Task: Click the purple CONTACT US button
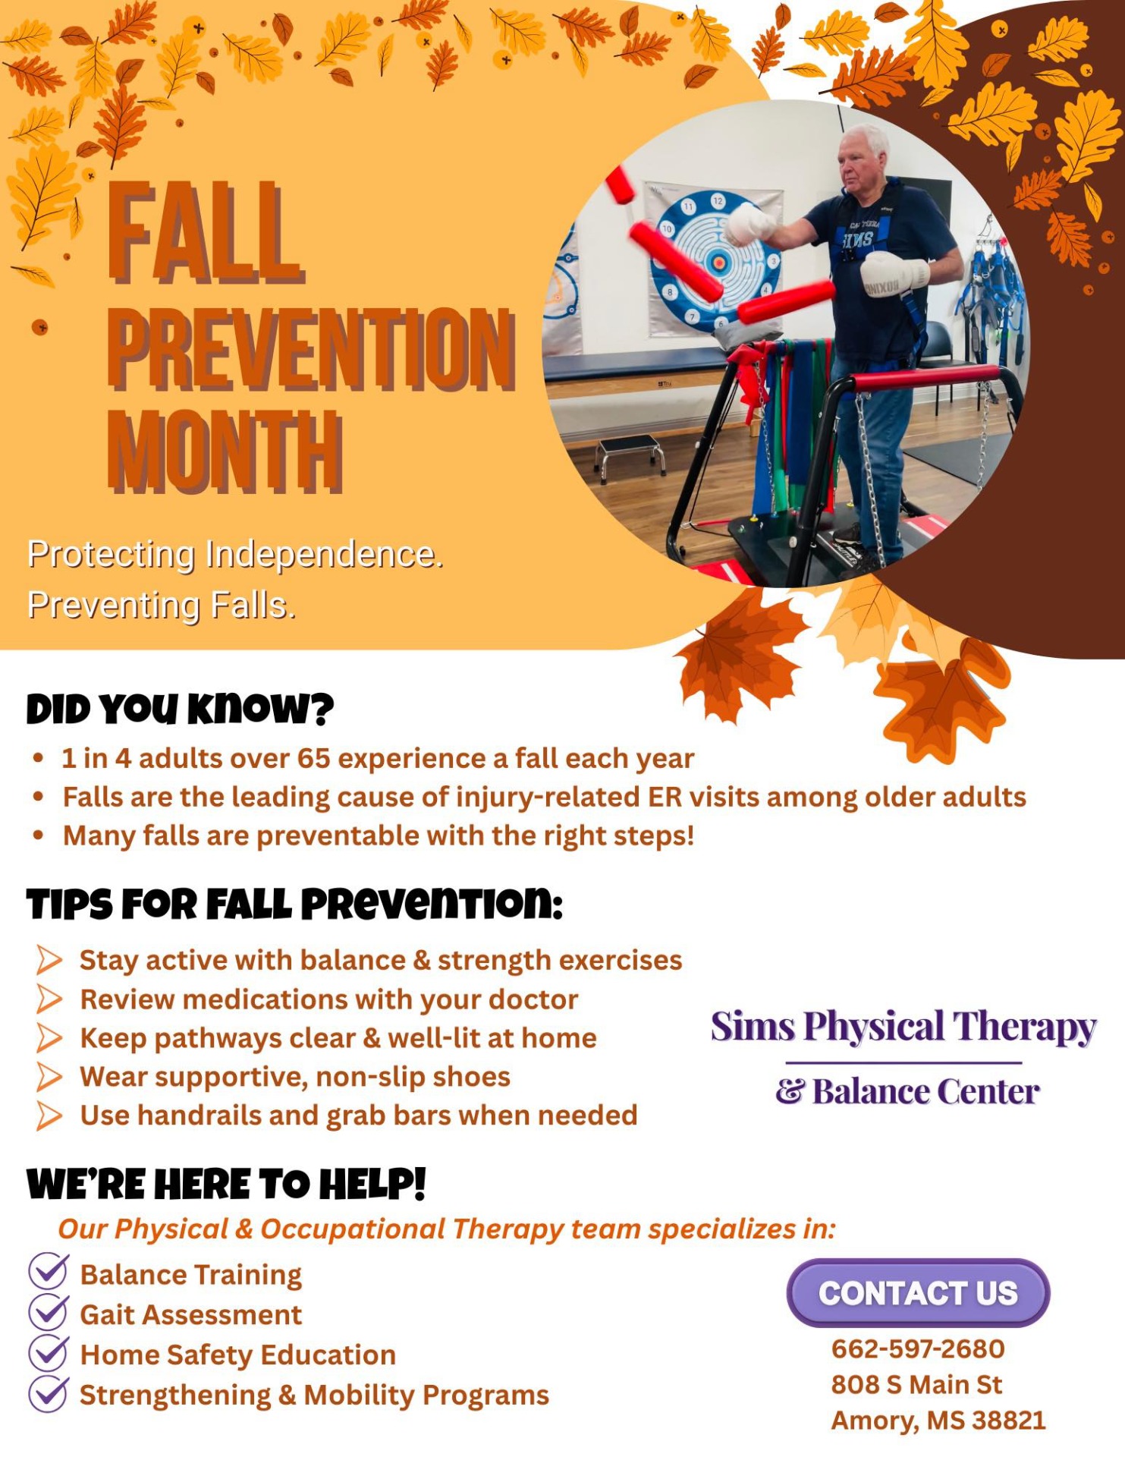(x=918, y=1292)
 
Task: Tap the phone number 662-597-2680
(x=918, y=1348)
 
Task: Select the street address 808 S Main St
(x=916, y=1384)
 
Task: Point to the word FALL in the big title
(x=206, y=232)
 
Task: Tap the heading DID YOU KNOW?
(x=180, y=709)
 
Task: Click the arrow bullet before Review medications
(x=49, y=999)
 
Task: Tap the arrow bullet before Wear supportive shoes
(x=49, y=1077)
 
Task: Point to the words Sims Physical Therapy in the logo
(x=903, y=1027)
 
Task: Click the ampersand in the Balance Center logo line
(x=790, y=1092)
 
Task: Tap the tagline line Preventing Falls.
(x=162, y=606)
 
